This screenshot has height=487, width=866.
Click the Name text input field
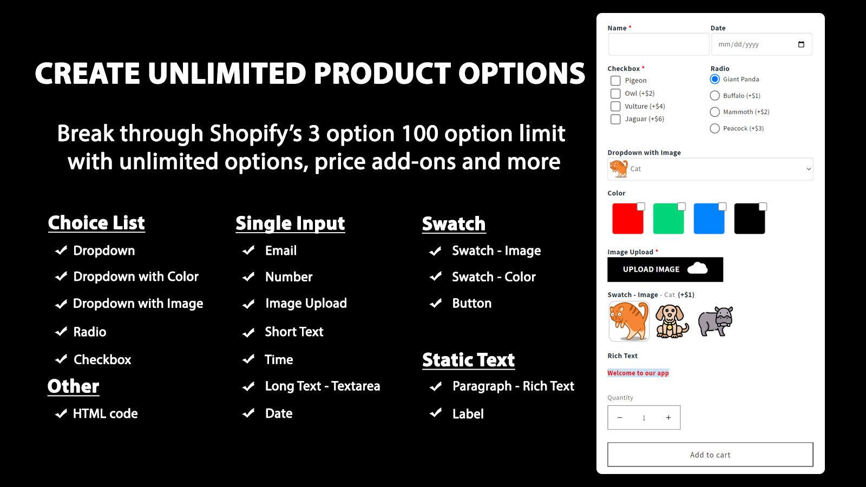tap(658, 44)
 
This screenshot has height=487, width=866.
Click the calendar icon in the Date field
tap(801, 44)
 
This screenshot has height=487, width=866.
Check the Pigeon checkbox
tap(615, 81)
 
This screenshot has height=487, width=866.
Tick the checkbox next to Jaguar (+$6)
tap(615, 119)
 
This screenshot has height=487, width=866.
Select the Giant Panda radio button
tap(714, 79)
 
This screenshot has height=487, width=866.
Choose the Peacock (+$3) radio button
tap(714, 128)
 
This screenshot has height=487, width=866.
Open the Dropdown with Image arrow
tap(809, 169)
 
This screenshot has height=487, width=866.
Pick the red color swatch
tap(628, 219)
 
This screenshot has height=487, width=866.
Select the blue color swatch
tap(709, 219)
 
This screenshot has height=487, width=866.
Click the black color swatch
tap(750, 219)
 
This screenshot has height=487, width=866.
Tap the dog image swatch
tap(672, 321)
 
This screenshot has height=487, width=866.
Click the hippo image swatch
tap(715, 321)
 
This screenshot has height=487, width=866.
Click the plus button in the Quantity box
tap(668, 418)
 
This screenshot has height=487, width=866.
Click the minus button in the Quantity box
tap(620, 418)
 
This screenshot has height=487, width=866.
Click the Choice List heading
tap(96, 223)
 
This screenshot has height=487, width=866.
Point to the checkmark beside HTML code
tap(61, 414)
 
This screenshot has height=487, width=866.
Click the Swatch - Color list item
tap(493, 277)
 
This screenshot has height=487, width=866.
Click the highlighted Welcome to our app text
tap(638, 373)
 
